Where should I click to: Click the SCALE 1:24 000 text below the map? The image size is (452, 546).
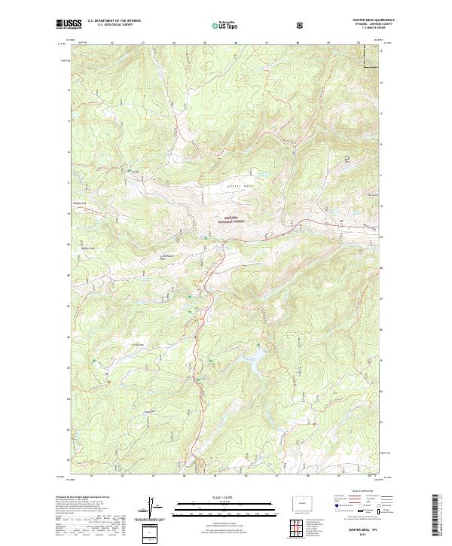point(225,496)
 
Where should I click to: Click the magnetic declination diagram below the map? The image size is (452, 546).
point(156,507)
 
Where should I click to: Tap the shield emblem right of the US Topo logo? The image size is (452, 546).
point(301,25)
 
